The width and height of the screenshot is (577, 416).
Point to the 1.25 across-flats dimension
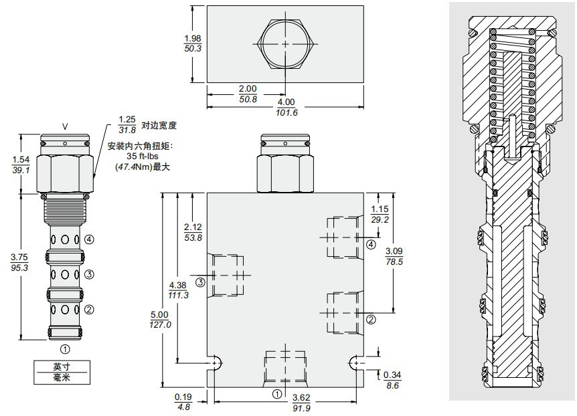click(127, 120)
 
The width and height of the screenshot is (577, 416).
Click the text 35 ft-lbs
click(141, 157)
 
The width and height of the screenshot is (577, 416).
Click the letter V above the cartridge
click(65, 126)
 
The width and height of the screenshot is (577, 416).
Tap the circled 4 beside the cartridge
click(88, 239)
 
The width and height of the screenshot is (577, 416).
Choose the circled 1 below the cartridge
click(65, 348)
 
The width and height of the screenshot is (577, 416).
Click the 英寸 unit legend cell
click(62, 367)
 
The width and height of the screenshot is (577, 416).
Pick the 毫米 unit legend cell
click(62, 377)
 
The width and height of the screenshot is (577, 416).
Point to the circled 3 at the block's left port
click(199, 282)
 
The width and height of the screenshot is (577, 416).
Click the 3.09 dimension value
click(394, 251)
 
